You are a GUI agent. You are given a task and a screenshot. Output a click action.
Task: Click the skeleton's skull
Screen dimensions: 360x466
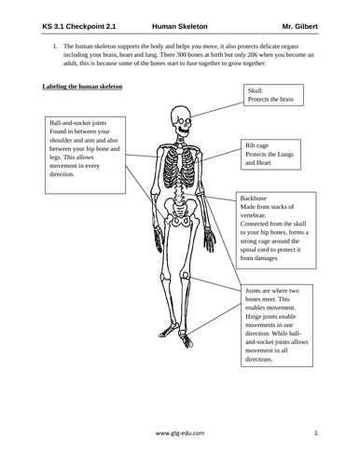point(179,120)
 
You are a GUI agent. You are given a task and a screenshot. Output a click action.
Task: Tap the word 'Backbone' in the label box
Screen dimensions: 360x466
point(256,199)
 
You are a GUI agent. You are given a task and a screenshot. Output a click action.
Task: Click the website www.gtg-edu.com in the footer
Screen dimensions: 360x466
point(179,433)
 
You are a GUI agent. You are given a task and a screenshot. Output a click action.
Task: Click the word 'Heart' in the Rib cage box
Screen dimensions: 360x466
point(255,163)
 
